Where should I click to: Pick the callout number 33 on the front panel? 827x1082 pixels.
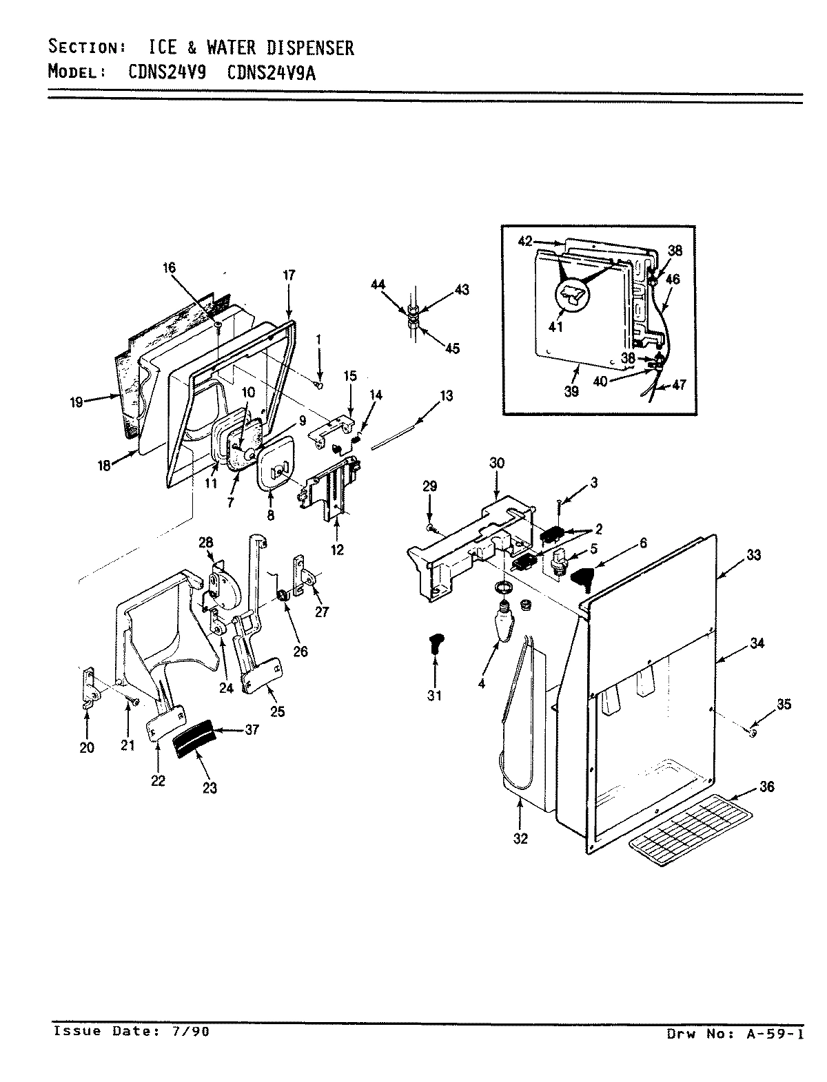click(753, 554)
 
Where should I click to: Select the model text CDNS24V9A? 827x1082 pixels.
click(271, 72)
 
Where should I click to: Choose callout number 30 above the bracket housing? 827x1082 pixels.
click(497, 463)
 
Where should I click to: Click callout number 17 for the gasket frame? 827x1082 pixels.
click(288, 275)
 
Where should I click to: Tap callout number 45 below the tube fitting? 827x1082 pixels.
click(452, 348)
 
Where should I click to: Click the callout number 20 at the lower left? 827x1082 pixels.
click(87, 748)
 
